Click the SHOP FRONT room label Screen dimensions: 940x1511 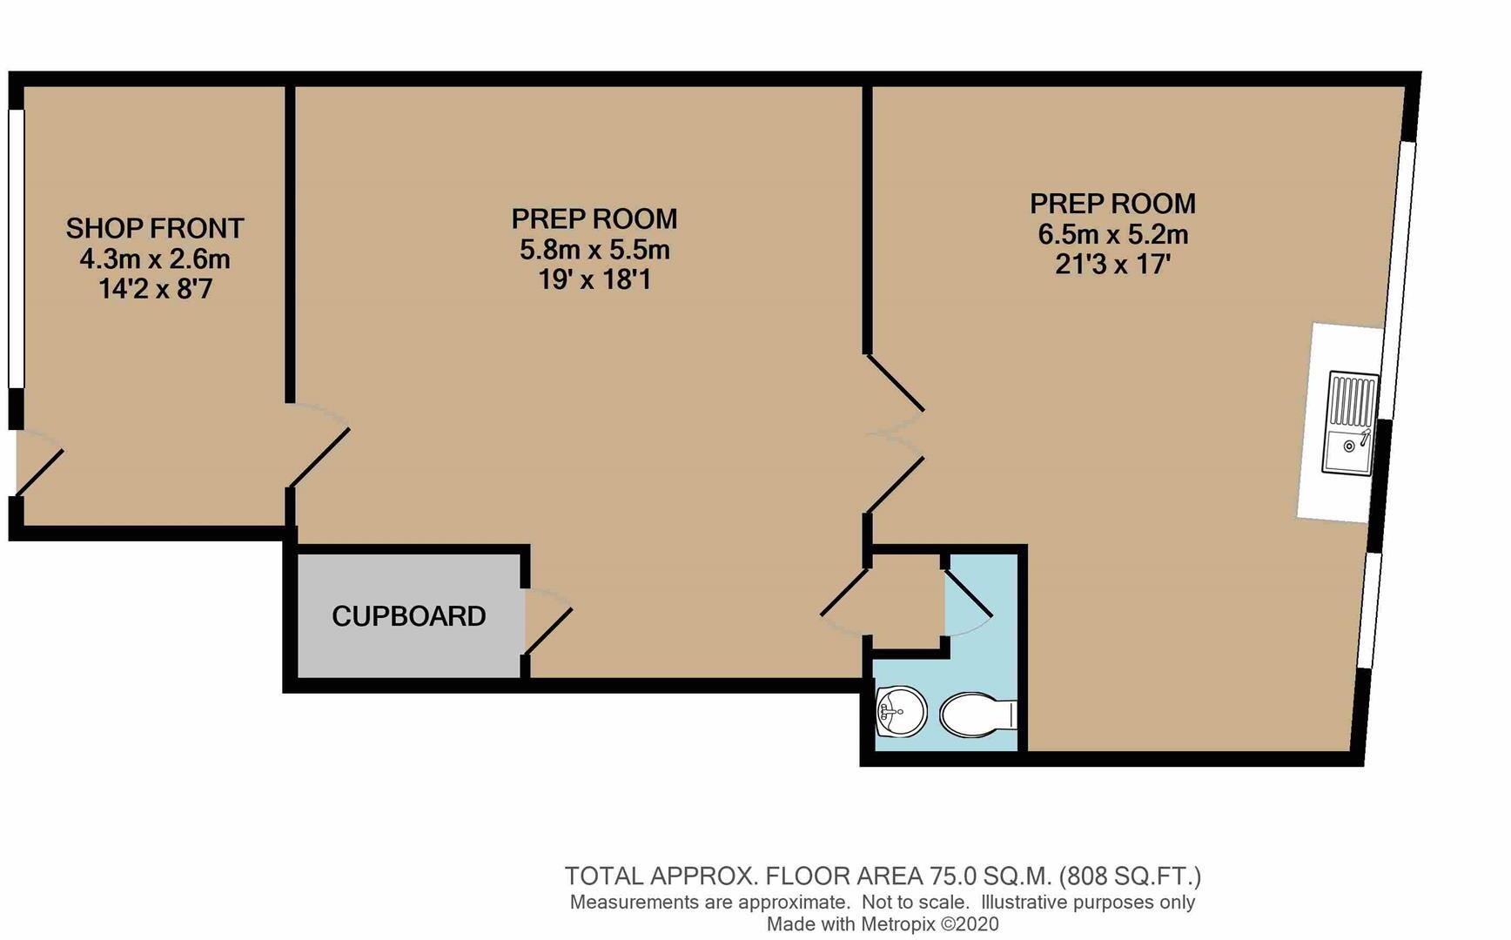coord(155,228)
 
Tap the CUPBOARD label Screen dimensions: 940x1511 coord(408,616)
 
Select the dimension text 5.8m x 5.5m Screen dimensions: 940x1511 coord(594,251)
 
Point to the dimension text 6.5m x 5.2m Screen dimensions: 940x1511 coord(1112,234)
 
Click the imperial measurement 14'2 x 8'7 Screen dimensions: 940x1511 coord(155,289)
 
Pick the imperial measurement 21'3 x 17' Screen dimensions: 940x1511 coord(1112,265)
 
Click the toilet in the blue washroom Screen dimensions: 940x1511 coord(977,715)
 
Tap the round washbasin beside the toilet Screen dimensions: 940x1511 coord(900,712)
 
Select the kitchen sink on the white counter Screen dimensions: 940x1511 coord(1350,423)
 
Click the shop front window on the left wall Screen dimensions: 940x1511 coord(16,248)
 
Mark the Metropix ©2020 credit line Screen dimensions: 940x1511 coord(882,924)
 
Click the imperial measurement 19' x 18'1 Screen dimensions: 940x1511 coord(594,280)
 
